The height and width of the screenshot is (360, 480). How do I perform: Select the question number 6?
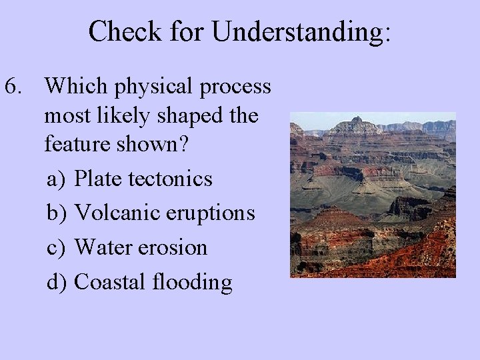(15, 87)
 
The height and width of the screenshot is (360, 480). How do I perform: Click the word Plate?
(98, 179)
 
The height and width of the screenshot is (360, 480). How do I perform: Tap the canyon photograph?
(373, 195)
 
